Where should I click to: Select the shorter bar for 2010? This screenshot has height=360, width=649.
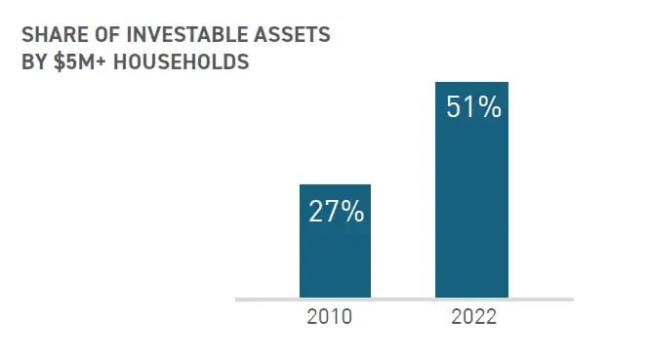tap(335, 254)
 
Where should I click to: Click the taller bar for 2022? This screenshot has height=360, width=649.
tap(471, 195)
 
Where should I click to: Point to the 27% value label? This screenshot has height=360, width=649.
tap(335, 212)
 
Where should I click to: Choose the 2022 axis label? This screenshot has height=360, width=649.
tap(472, 318)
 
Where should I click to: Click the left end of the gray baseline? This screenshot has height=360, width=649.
tap(237, 300)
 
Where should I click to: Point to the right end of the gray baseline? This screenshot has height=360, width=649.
tap(572, 300)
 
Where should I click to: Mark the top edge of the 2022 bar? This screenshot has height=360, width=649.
tap(471, 82)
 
